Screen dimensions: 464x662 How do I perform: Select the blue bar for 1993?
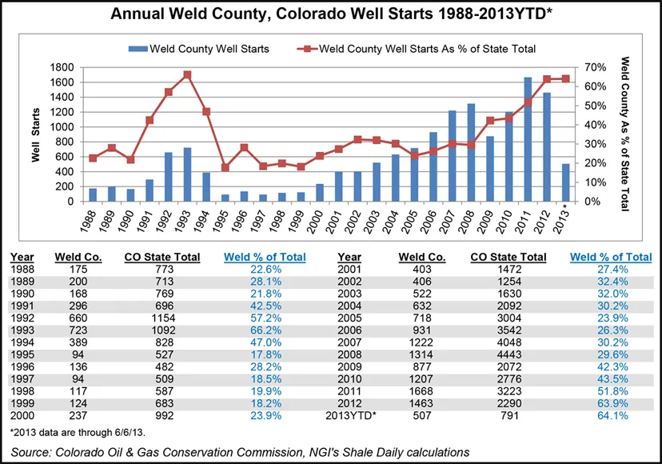tap(187, 174)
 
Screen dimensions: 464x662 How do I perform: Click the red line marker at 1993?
tap(187, 74)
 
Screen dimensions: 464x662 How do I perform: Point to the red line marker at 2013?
tap(566, 78)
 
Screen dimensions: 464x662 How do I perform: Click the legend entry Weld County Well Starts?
tap(201, 50)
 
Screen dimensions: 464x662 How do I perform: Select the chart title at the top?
tap(330, 14)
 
